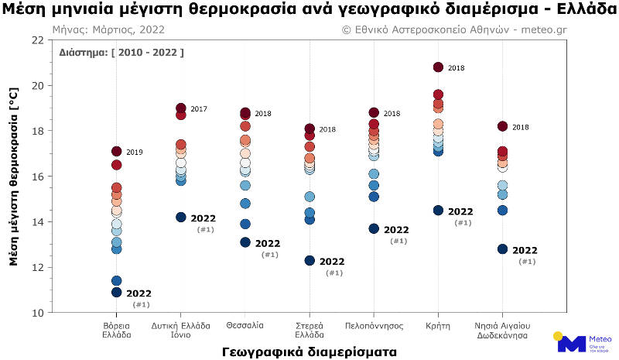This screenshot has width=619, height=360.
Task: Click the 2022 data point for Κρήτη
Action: [x=438, y=211]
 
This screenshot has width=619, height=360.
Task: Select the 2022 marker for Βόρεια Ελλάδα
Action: [x=117, y=293]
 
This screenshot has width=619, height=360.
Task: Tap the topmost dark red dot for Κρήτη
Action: [x=438, y=67]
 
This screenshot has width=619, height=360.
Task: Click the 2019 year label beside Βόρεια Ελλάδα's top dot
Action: [x=135, y=153]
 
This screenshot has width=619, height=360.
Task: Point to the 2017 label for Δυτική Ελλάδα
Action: [x=199, y=109]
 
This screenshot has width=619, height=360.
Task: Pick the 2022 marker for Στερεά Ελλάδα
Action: [x=309, y=261]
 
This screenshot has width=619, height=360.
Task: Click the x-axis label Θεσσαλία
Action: [x=245, y=326]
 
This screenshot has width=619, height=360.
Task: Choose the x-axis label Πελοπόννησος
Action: [x=374, y=326]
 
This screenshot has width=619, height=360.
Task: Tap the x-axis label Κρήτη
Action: [x=438, y=326]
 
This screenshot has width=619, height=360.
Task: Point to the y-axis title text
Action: [x=15, y=176]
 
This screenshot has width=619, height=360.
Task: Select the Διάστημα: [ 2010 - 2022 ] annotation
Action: [x=121, y=53]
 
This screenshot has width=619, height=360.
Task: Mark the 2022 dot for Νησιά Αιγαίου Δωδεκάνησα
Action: [x=502, y=249]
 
